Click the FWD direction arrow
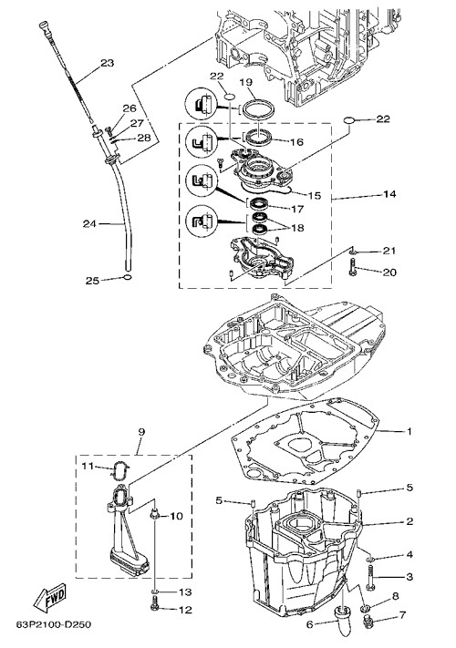pos(49,598)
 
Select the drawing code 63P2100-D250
pos(53,624)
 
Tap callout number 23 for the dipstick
pos(107,63)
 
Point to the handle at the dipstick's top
pos(44,26)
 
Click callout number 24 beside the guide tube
pos(89,223)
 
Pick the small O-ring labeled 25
pos(128,277)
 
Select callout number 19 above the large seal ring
pos(245,82)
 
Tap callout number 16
pos(296,142)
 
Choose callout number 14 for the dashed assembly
pos(389,194)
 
